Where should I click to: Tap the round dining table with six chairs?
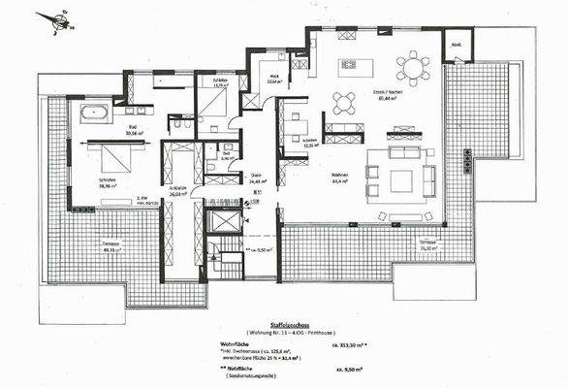click(x=413, y=69)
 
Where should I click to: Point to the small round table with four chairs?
click(x=344, y=102)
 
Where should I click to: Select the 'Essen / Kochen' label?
click(x=415, y=95)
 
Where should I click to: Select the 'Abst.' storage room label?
click(x=456, y=44)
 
